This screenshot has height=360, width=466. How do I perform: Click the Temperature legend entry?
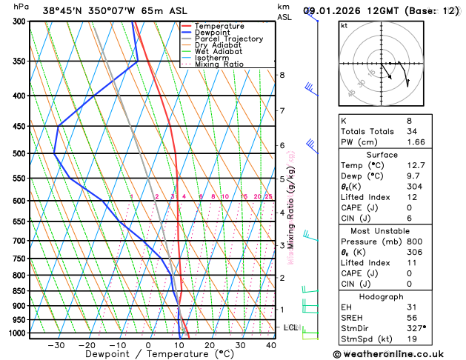click(220, 26)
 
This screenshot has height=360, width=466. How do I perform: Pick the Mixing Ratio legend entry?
click(221, 64)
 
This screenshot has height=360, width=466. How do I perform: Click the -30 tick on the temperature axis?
click(56, 345)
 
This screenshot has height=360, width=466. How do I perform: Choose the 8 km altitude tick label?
click(282, 75)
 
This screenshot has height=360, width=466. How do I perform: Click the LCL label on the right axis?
click(290, 327)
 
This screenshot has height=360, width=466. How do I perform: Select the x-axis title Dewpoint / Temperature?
click(149, 355)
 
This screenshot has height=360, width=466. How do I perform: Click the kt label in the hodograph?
click(344, 25)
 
